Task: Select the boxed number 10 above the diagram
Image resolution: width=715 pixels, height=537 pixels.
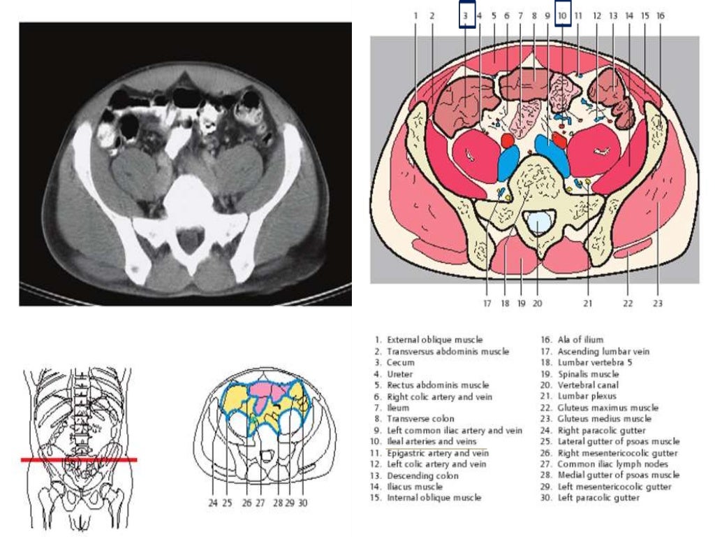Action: pyautogui.click(x=563, y=15)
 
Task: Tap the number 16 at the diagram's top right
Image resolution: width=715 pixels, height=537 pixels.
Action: pyautogui.click(x=660, y=15)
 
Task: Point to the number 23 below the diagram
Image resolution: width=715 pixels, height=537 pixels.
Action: pyautogui.click(x=657, y=303)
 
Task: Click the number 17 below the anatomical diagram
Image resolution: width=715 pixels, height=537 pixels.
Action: pyautogui.click(x=487, y=303)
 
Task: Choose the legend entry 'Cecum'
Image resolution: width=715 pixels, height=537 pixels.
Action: pyautogui.click(x=400, y=362)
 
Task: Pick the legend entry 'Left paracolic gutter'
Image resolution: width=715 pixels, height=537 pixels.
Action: pyautogui.click(x=598, y=498)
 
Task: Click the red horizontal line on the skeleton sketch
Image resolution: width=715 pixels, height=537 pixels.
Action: pyautogui.click(x=78, y=459)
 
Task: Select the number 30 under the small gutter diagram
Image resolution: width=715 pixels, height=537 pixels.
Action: pyautogui.click(x=302, y=502)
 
